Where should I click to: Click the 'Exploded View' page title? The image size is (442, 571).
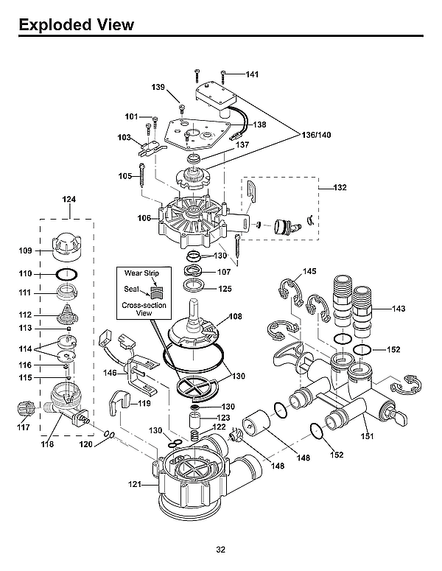77,24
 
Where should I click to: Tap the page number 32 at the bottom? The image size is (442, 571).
221,548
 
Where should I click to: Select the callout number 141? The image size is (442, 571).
252,74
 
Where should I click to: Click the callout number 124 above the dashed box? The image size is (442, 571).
69,199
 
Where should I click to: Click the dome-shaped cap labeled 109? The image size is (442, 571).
66,250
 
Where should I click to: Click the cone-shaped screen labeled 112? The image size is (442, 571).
67,316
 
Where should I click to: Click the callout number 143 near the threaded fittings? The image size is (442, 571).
399,308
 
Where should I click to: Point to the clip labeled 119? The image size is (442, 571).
118,402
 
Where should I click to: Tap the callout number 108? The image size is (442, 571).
235,318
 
